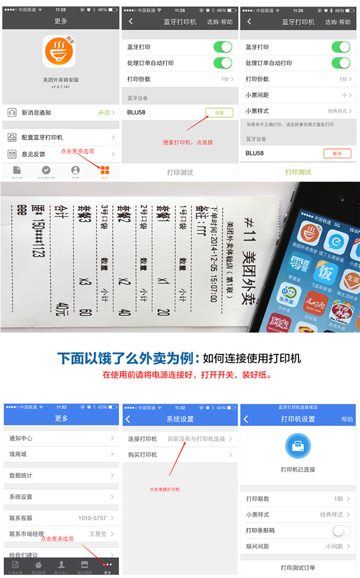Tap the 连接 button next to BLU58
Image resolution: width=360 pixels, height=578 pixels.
pyautogui.click(x=219, y=113)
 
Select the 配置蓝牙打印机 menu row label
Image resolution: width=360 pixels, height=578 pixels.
pyautogui.click(x=42, y=138)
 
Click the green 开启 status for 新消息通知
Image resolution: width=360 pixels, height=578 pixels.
pyautogui.click(x=104, y=113)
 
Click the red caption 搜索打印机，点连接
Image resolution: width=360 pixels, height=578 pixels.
pyautogui.click(x=188, y=143)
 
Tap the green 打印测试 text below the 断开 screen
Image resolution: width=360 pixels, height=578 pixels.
pyautogui.click(x=298, y=172)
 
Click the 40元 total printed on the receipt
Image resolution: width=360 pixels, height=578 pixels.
pyautogui.click(x=61, y=310)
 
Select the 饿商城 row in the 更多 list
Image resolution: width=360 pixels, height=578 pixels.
pyautogui.click(x=18, y=454)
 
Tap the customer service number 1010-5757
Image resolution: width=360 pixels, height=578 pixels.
pyautogui.click(x=92, y=518)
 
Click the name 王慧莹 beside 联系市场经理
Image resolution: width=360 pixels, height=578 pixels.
pyautogui.click(x=98, y=534)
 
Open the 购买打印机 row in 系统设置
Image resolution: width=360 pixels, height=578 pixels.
pyautogui.click(x=143, y=455)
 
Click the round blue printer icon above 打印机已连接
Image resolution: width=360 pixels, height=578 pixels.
pyautogui.click(x=298, y=446)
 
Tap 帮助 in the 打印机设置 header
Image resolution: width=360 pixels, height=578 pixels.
pyautogui.click(x=347, y=419)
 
